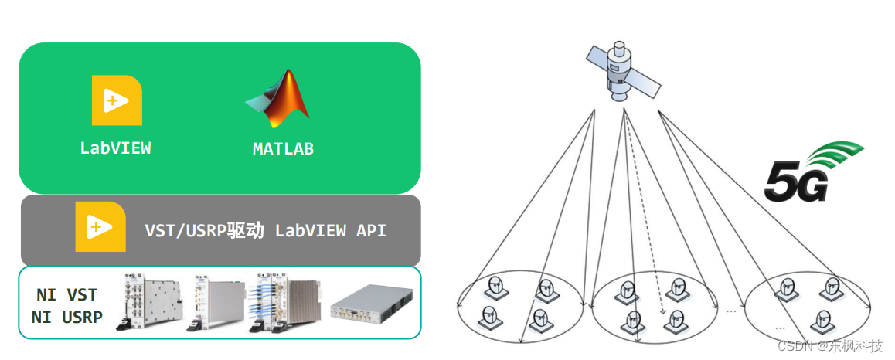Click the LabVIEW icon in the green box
pyautogui.click(x=116, y=100)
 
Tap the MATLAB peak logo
pyautogui.click(x=279, y=99)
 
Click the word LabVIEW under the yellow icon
pyautogui.click(x=116, y=148)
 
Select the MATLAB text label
pyautogui.click(x=283, y=149)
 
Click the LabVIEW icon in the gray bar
pyautogui.click(x=100, y=226)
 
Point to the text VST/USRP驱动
pyautogui.click(x=205, y=230)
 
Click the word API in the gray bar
pyautogui.click(x=371, y=230)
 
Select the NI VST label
pyautogui.click(x=67, y=294)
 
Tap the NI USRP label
pyautogui.click(x=67, y=317)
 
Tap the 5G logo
pyautogui.click(x=812, y=173)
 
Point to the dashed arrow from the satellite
pyautogui.click(x=645, y=216)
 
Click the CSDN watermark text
pyautogui.click(x=829, y=345)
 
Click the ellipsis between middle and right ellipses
pyautogui.click(x=731, y=311)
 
